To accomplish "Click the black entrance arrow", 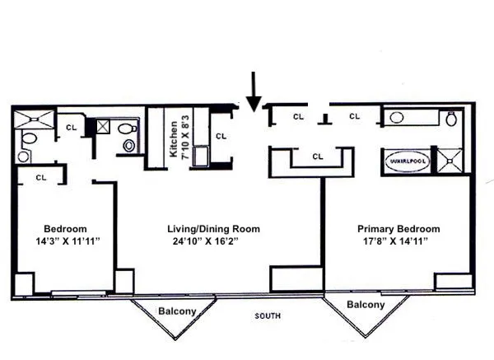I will tap(254, 91).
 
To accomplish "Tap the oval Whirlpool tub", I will tap(406, 161).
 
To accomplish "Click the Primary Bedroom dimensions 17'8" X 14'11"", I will tap(398, 242).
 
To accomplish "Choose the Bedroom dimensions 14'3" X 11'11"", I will tap(65, 242).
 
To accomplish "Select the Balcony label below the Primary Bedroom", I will tap(365, 304).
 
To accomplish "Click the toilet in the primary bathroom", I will tap(451, 119).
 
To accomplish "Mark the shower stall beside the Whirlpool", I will tap(450, 160).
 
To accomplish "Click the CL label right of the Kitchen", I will tap(220, 136).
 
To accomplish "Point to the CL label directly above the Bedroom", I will tap(40, 176).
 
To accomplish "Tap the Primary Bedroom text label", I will tap(398, 229).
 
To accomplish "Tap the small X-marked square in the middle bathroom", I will tap(104, 126).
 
